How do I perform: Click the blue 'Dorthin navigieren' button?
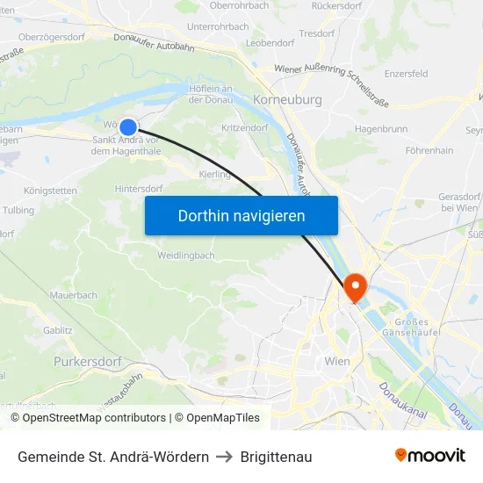click(241, 215)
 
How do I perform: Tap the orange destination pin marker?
click(356, 287)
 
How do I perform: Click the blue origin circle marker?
click(128, 127)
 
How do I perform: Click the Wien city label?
click(337, 361)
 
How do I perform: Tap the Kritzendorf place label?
click(245, 128)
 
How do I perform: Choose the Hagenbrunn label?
click(380, 128)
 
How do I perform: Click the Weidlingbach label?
click(185, 256)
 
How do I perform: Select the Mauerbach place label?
click(74, 296)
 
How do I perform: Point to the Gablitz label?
click(57, 330)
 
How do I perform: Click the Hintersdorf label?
click(139, 189)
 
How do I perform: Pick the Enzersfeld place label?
click(406, 75)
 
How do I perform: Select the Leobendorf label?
click(270, 42)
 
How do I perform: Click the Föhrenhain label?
click(429, 151)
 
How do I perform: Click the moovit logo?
click(430, 456)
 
